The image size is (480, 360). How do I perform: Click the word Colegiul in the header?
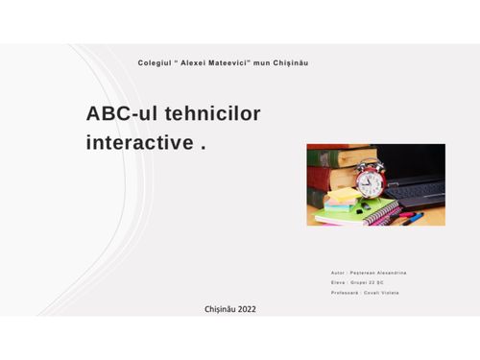click(x=154, y=62)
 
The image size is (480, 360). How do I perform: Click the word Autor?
click(x=336, y=273)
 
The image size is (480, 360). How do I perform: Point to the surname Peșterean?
click(x=361, y=273)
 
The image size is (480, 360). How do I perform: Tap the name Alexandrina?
click(x=393, y=273)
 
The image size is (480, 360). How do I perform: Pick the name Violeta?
click(x=390, y=292)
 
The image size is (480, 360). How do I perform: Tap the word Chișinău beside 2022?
click(x=219, y=309)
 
